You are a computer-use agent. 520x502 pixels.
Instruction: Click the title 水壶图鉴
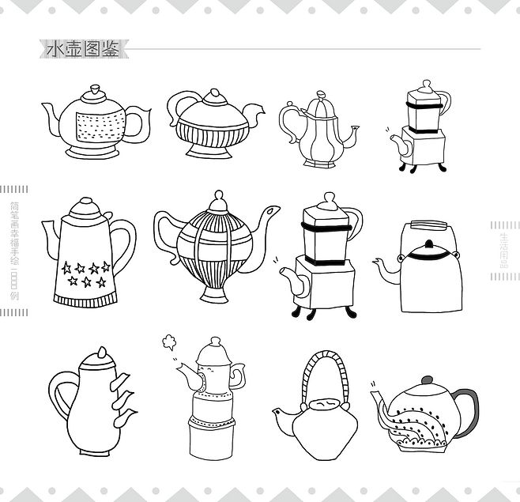tap(82, 49)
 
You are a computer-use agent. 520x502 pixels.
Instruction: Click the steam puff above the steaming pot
tap(167, 342)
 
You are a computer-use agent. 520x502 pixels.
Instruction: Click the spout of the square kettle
tap(386, 267)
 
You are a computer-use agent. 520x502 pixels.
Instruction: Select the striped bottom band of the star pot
tap(85, 297)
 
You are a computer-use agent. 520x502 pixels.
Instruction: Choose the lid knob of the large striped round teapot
tap(219, 194)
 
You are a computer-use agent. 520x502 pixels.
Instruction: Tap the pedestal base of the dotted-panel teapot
tap(93, 148)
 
